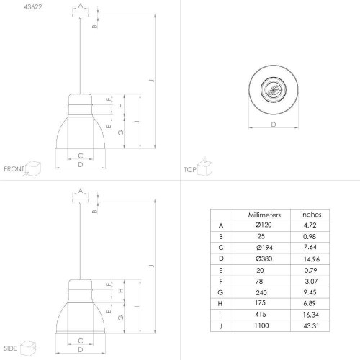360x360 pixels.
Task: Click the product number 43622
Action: [x=33, y=7]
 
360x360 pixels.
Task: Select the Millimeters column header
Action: [x=264, y=215]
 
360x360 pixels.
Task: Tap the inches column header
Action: [x=311, y=215]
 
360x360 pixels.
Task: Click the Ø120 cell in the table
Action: [x=264, y=225]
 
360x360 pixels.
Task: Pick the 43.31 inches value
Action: [x=311, y=325]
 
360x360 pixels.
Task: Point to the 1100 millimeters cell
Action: [x=261, y=325]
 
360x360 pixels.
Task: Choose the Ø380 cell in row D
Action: [x=264, y=258]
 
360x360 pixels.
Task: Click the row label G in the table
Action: [x=220, y=292]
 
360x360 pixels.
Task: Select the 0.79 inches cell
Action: [x=310, y=270]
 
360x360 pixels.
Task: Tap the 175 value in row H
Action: [x=260, y=303]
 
